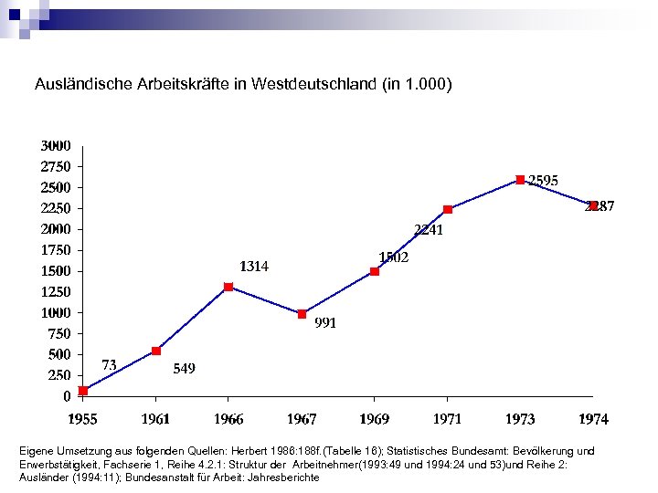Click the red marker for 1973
(x=520, y=180)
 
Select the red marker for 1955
(x=83, y=391)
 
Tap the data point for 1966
(x=228, y=287)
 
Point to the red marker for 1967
(x=302, y=313)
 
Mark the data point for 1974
(x=593, y=205)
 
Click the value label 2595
(x=544, y=181)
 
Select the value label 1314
(x=254, y=267)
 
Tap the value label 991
(x=325, y=322)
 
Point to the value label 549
(x=184, y=369)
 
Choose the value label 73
(x=108, y=364)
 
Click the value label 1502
(x=394, y=257)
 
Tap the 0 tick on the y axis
(x=67, y=396)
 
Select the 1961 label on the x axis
(x=156, y=419)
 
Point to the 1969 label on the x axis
(x=374, y=419)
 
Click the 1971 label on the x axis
(x=447, y=419)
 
